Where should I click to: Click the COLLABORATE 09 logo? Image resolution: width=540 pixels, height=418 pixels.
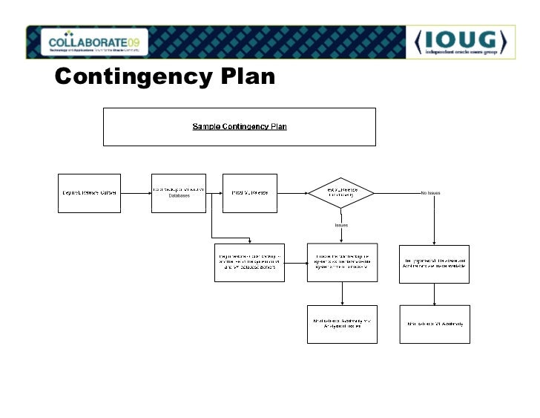click(x=93, y=42)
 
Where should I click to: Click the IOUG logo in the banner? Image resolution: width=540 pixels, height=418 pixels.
click(x=458, y=41)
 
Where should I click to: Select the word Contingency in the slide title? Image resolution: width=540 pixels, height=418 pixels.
click(x=130, y=78)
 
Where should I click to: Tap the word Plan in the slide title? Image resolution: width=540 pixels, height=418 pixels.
click(x=244, y=78)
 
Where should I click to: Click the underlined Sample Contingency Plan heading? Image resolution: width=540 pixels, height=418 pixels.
click(x=240, y=126)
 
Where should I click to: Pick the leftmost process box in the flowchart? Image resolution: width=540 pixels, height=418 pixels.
click(x=89, y=193)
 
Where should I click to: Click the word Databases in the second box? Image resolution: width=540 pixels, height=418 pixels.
click(x=179, y=197)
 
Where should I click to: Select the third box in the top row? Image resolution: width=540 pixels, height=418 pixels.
click(x=250, y=193)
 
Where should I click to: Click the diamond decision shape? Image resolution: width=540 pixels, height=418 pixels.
click(x=341, y=192)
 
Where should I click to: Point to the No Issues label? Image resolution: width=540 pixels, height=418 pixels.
click(x=430, y=193)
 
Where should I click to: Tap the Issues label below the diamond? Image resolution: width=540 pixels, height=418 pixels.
click(x=341, y=224)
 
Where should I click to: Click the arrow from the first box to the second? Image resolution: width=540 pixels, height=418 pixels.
click(x=136, y=193)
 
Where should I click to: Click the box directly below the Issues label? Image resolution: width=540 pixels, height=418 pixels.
click(x=342, y=262)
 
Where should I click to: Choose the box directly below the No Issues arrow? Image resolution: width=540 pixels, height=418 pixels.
click(x=435, y=263)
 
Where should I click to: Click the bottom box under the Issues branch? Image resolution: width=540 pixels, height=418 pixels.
click(x=342, y=324)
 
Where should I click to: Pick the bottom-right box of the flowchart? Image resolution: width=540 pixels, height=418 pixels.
click(x=435, y=324)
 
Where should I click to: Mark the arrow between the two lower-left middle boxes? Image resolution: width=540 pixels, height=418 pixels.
click(x=296, y=262)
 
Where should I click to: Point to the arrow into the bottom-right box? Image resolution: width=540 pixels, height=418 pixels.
click(x=435, y=293)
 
